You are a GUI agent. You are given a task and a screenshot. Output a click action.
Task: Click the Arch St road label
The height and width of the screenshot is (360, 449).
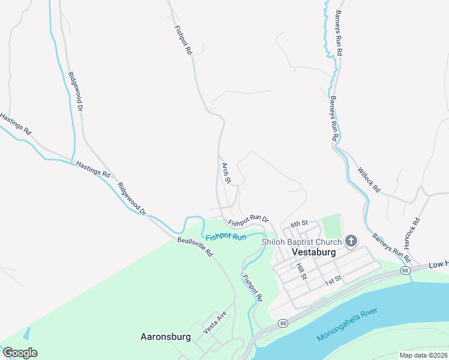(226, 172)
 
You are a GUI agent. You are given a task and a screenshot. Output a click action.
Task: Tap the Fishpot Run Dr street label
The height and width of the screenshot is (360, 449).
(248, 220)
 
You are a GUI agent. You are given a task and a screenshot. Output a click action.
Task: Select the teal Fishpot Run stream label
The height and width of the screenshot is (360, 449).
(226, 237)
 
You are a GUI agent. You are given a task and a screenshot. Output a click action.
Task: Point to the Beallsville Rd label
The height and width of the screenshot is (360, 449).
(195, 247)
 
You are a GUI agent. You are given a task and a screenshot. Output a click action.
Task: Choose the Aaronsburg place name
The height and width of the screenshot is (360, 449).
(166, 337)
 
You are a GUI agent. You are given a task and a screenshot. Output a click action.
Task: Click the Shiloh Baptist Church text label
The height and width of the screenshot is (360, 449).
(301, 242)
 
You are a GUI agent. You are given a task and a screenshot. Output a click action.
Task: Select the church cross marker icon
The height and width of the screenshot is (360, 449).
(351, 241)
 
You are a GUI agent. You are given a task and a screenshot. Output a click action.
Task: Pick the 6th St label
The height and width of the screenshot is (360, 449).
(299, 224)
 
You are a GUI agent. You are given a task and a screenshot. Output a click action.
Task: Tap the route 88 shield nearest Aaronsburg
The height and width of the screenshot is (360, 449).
(282, 323)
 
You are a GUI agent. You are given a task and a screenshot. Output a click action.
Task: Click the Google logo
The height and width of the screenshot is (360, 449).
(20, 353)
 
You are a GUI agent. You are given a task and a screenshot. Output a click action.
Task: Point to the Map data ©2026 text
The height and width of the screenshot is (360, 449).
(423, 355)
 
